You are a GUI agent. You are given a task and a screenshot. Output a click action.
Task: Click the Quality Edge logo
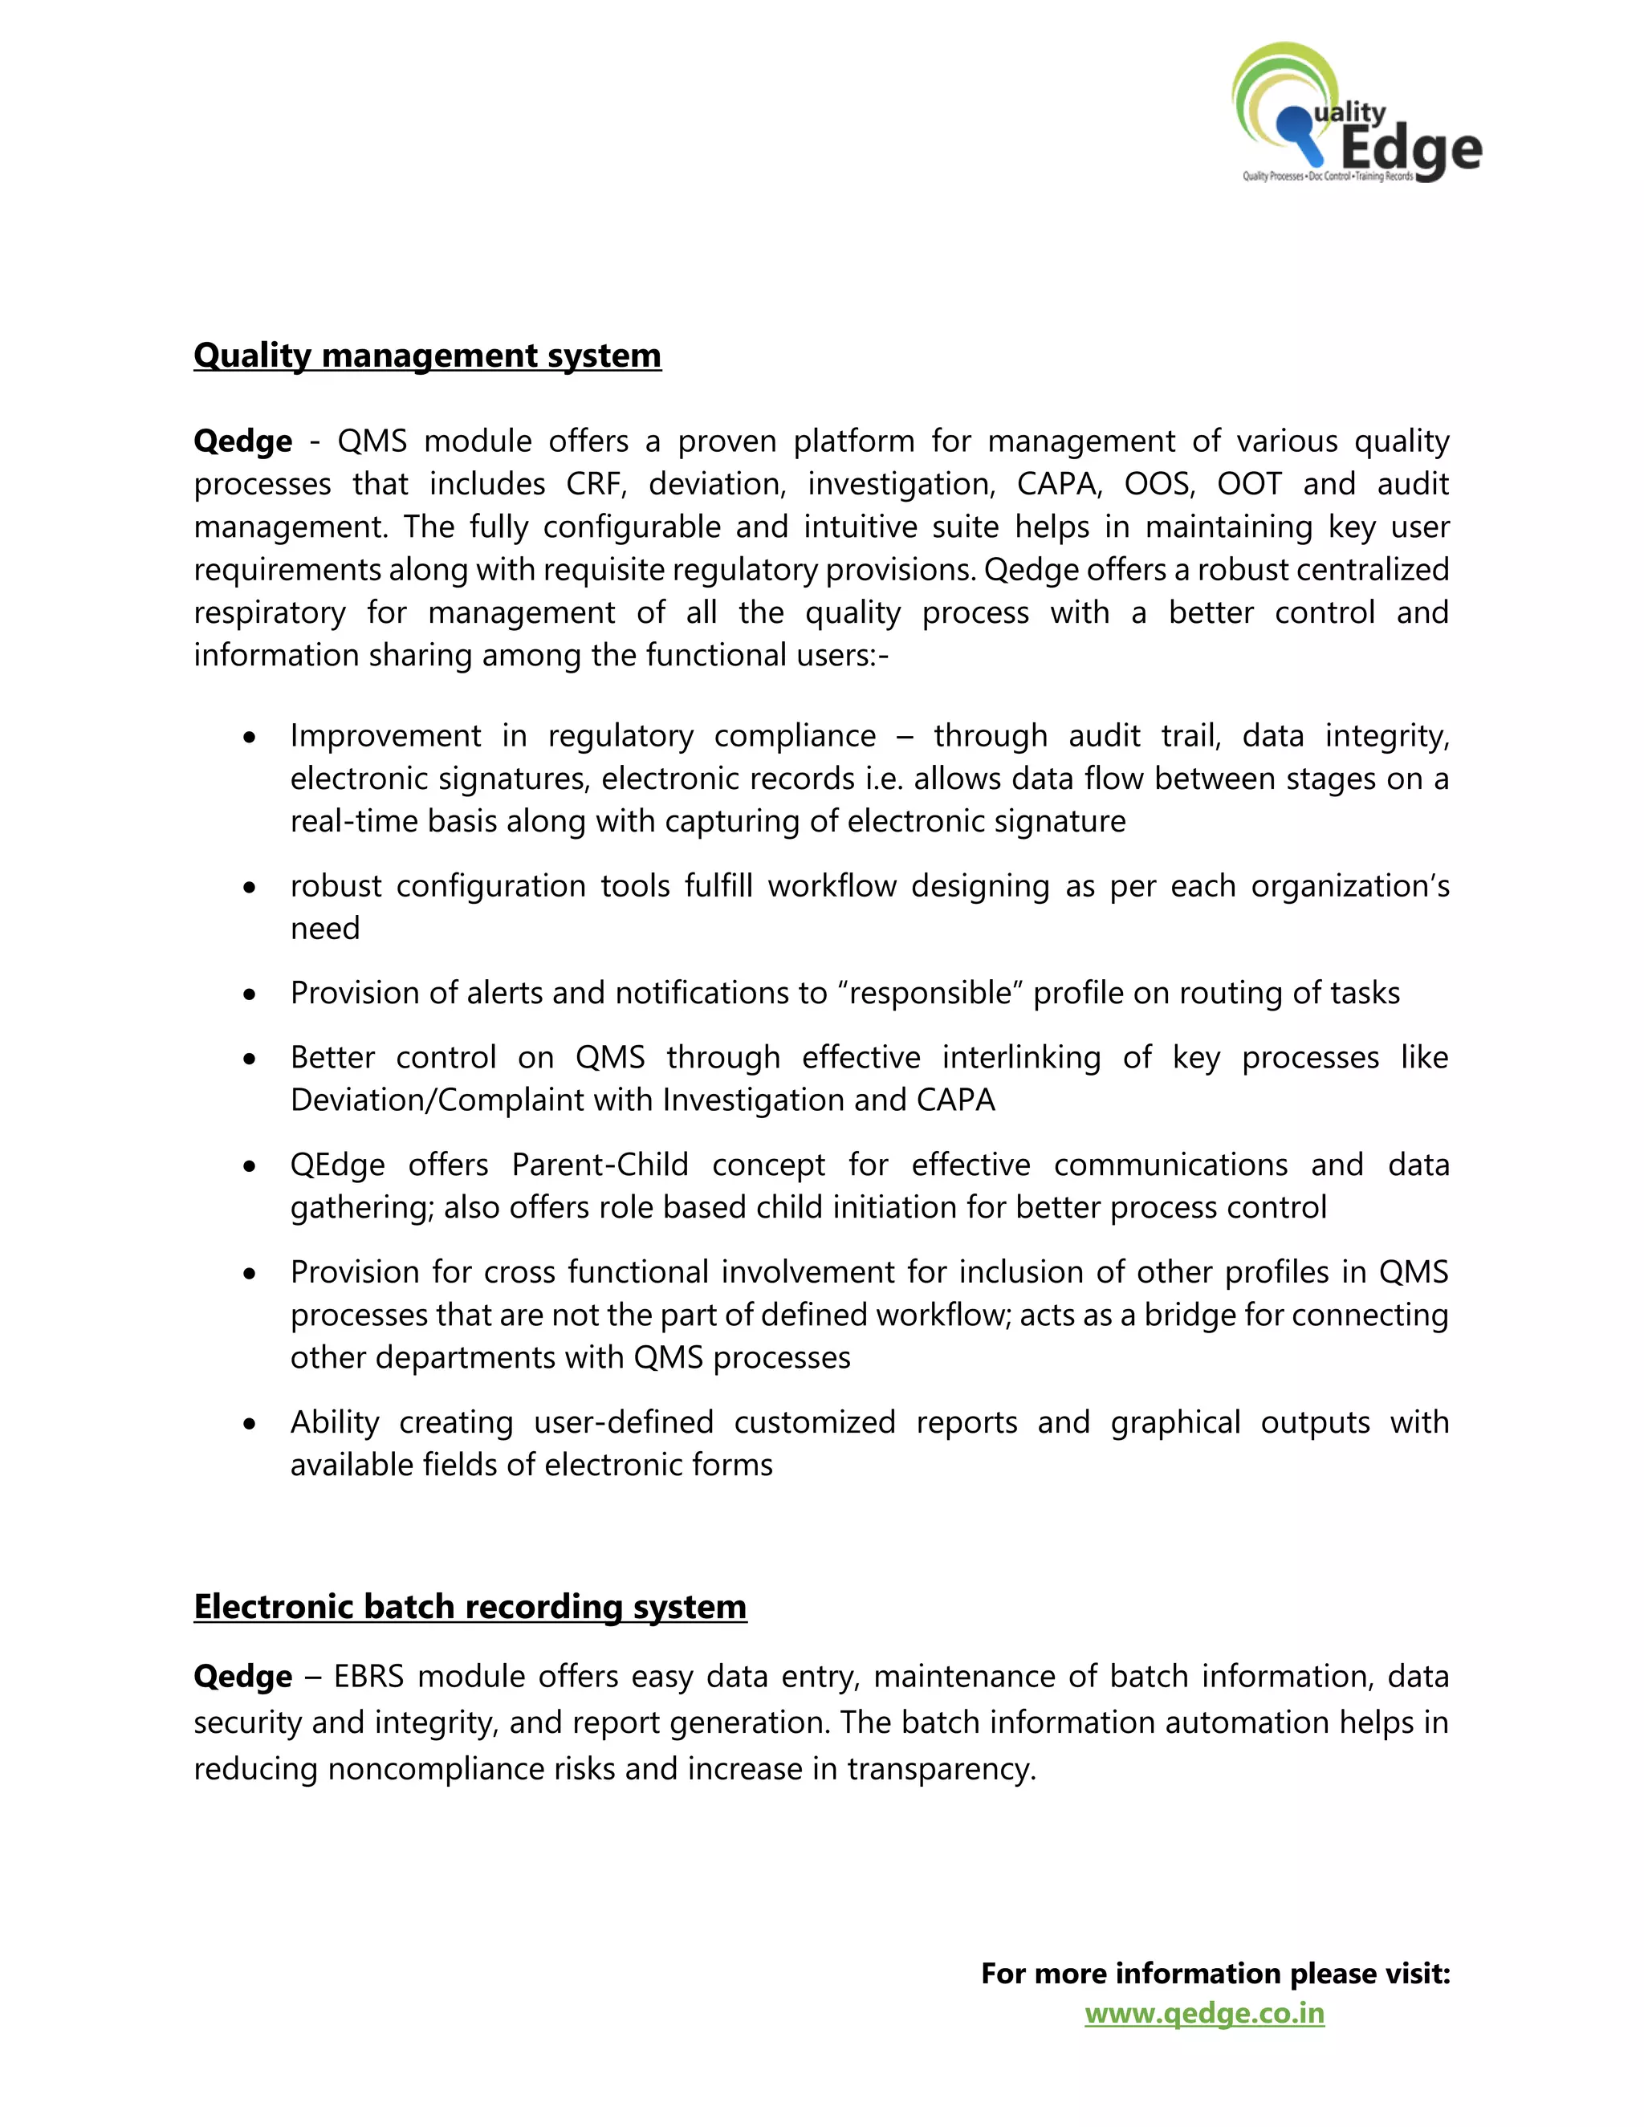[x=1356, y=115]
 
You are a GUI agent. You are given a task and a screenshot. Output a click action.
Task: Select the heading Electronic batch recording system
[x=470, y=1606]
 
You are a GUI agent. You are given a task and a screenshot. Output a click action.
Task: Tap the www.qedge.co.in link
[x=1204, y=2013]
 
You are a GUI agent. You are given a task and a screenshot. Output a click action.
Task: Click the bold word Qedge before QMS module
[x=242, y=441]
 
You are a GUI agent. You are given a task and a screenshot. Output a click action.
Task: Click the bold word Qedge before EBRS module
[x=242, y=1677]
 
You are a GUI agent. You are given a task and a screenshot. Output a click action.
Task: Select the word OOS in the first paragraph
[x=1158, y=484]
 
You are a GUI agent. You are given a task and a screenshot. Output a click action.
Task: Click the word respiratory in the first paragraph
[x=269, y=612]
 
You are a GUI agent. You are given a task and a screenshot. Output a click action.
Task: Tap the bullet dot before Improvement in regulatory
[x=250, y=738]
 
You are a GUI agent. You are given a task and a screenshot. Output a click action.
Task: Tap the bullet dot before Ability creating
[x=250, y=1425]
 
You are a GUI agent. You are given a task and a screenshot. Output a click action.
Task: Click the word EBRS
[x=369, y=1677]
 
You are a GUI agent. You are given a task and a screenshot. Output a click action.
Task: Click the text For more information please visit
[x=1215, y=1973]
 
